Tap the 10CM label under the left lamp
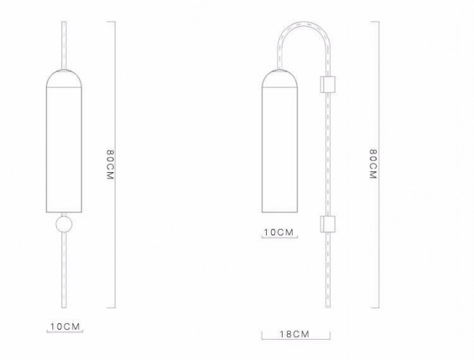(65, 326)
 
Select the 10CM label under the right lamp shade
(278, 232)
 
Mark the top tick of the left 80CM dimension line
(111, 21)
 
